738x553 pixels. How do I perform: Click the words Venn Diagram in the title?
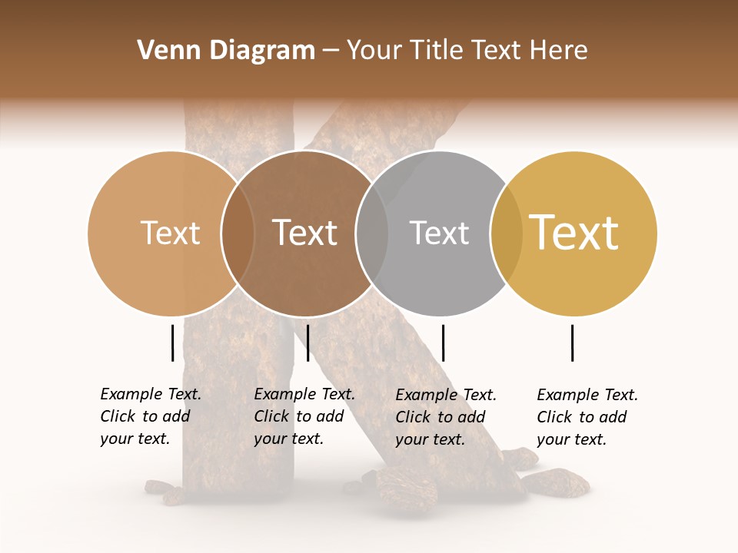[226, 51]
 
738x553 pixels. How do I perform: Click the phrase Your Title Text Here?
[467, 51]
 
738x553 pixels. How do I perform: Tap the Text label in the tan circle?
[170, 233]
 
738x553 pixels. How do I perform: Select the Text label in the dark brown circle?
[304, 233]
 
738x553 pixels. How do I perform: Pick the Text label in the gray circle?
[439, 233]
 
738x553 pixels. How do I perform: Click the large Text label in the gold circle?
[574, 233]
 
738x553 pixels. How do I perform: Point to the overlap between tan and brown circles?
[238, 233]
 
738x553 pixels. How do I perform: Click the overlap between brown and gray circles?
[371, 233]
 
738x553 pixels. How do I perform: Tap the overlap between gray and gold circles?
[506, 233]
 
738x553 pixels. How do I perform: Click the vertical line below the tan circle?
[173, 343]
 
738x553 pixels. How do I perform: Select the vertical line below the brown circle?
[307, 343]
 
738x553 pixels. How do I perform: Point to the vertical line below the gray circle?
[443, 343]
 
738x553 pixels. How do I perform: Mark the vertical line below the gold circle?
[573, 343]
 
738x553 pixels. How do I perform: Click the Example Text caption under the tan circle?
[151, 416]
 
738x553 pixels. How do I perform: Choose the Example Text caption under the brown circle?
[304, 416]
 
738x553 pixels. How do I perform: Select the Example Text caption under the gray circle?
[446, 417]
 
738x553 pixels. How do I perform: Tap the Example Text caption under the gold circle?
[587, 417]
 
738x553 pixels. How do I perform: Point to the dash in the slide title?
[331, 51]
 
